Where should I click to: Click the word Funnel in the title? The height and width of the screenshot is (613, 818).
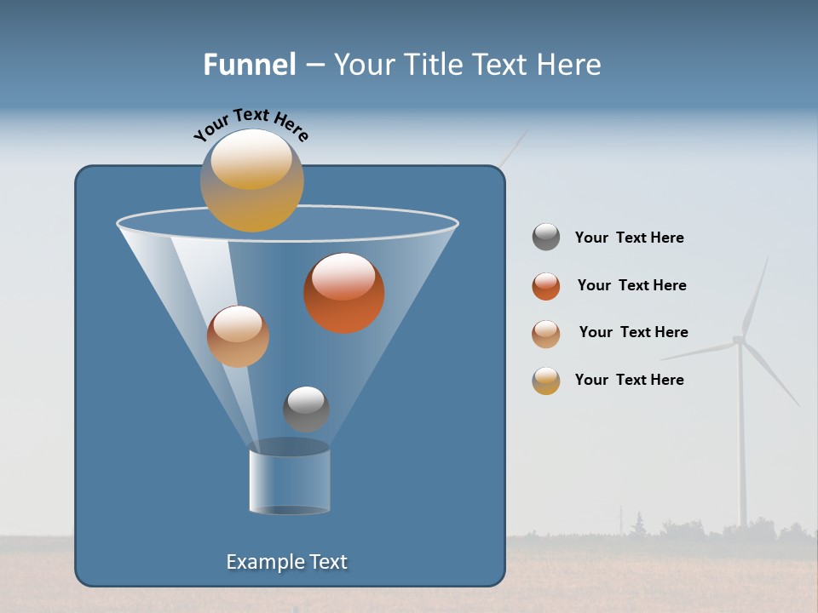[x=249, y=65]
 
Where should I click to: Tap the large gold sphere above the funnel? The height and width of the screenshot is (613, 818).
[x=252, y=180]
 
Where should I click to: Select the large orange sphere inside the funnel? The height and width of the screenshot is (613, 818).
[x=344, y=293]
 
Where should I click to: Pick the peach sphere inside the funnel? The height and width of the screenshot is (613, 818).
[x=238, y=336]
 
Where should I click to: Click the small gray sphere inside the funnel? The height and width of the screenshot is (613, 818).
[x=306, y=409]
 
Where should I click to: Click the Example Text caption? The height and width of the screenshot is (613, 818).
[x=286, y=562]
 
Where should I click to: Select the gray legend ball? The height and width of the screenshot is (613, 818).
[x=546, y=237]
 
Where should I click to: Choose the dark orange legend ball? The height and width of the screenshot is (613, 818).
[x=546, y=286]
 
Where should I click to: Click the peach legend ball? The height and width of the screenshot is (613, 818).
[x=546, y=334]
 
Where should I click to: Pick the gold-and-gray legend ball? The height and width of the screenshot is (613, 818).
[x=546, y=381]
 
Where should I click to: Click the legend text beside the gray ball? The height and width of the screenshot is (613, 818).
[x=629, y=238]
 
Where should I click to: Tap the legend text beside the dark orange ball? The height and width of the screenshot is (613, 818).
[x=631, y=286]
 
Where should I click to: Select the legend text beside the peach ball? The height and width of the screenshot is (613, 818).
[x=633, y=333]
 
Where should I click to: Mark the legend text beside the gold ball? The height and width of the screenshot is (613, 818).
[x=629, y=380]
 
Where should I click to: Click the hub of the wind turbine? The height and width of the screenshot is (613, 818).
[x=738, y=341]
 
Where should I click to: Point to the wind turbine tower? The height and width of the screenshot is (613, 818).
[x=741, y=443]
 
